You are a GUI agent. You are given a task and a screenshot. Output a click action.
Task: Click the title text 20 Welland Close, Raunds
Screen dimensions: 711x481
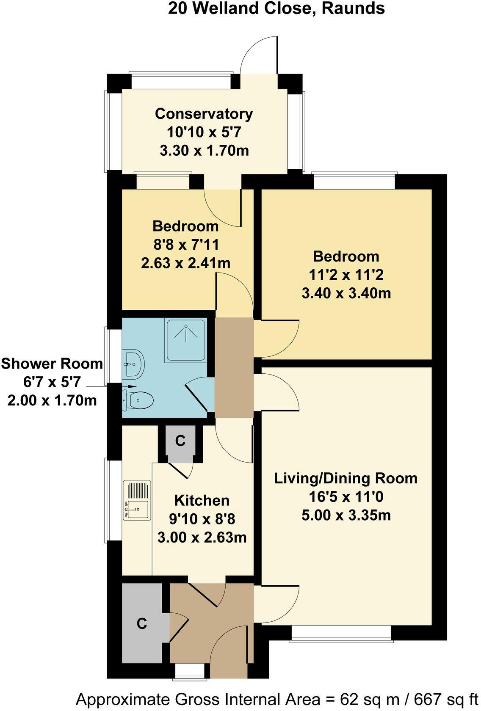[x=276, y=8]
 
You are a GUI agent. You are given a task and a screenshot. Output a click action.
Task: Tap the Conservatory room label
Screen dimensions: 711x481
[x=204, y=114]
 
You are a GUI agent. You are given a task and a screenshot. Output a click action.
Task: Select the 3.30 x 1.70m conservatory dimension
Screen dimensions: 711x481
[x=204, y=150]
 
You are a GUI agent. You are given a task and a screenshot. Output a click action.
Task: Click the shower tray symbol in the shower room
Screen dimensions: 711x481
[x=186, y=340]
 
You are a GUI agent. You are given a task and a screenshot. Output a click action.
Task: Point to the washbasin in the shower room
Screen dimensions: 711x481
[x=135, y=364]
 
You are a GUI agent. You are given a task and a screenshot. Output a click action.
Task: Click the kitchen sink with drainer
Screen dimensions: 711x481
[x=137, y=500]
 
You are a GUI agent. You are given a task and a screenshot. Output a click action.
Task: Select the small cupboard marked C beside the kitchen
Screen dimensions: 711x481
[x=180, y=443]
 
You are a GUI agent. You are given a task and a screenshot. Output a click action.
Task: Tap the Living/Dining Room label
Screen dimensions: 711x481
[x=346, y=478]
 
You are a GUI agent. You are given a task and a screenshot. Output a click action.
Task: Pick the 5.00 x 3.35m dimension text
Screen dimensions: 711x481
[x=346, y=515]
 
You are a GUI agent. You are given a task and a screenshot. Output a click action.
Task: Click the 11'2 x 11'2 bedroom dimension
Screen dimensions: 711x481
[x=346, y=275]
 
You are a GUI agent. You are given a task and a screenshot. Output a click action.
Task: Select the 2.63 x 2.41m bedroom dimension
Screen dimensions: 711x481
[x=185, y=263]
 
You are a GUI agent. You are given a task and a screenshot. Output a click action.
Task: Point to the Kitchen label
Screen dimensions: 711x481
[x=202, y=500]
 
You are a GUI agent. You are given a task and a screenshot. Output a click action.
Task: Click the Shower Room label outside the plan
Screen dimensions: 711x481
[x=52, y=364]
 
